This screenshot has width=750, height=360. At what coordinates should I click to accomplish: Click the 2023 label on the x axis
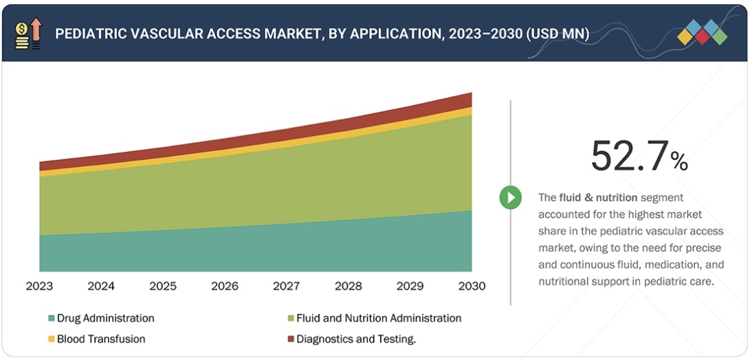pos(39,286)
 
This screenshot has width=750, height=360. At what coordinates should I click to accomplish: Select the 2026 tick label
pos(224,286)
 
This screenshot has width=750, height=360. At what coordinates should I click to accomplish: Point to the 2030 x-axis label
pos(472,286)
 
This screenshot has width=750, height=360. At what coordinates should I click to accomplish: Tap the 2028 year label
pos(348,286)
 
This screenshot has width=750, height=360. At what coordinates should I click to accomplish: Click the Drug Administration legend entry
pos(105,318)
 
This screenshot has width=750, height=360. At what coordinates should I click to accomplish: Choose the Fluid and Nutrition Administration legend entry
pos(378,318)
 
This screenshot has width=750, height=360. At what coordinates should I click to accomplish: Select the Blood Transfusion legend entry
pos(101,339)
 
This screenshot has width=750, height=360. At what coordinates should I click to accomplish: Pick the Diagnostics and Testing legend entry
pos(356,339)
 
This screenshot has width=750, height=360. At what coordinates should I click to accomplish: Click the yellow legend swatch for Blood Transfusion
pos(51,339)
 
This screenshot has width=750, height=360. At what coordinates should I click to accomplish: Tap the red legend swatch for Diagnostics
pos(290,339)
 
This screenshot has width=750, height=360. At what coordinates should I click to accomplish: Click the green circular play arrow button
pos(510,198)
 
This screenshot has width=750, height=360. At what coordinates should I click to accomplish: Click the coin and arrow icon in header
pos(27,34)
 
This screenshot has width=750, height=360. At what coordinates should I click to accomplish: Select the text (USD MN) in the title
pos(557,34)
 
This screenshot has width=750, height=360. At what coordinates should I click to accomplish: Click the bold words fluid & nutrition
pos(598,197)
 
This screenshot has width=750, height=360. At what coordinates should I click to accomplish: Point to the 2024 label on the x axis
pos(101,286)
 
